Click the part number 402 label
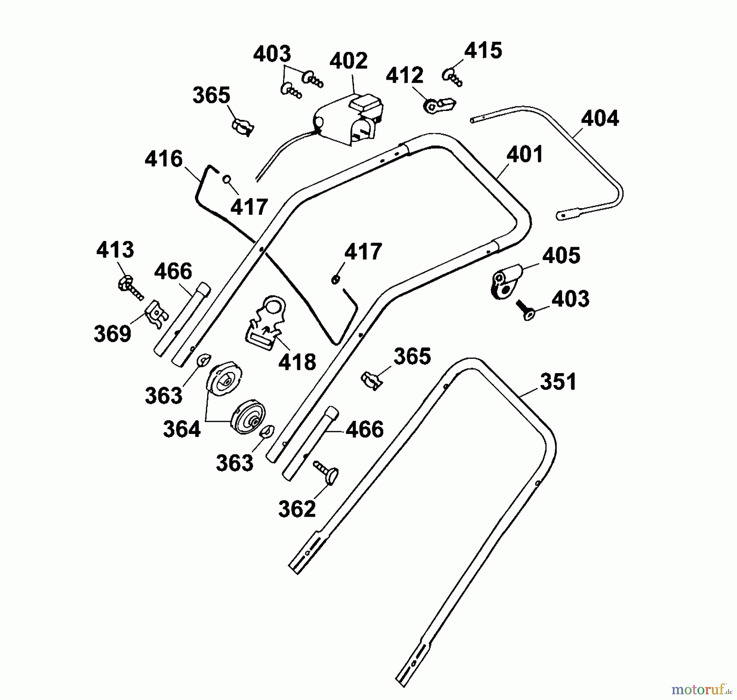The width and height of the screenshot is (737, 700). coord(348,61)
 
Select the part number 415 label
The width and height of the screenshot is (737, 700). coord(483,51)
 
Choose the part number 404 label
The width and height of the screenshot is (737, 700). coord(600,119)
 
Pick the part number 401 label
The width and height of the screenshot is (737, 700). coord(524,154)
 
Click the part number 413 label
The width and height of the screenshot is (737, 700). coord(115,250)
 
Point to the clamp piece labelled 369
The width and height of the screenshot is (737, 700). coord(156,314)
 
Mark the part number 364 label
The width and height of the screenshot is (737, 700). coord(182,430)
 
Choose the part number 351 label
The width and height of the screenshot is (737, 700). coord(558,382)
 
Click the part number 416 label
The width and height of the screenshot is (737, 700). coord(163,159)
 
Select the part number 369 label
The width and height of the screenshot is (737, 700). coord(113,334)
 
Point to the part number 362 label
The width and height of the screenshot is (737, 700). coord(297,509)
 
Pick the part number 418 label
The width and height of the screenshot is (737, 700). coord(297,362)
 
